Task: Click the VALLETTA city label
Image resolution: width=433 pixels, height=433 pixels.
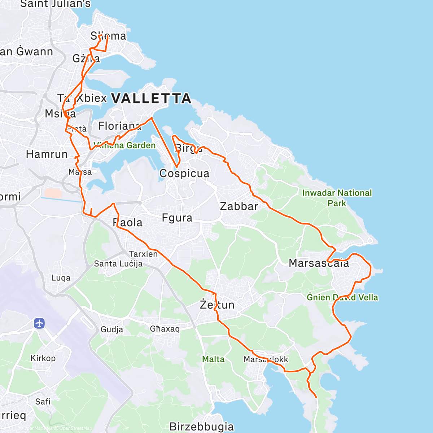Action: click(151, 98)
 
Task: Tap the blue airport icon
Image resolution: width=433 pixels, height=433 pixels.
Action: click(39, 323)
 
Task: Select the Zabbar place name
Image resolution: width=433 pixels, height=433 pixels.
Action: click(239, 206)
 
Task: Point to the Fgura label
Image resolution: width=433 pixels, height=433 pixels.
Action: click(177, 218)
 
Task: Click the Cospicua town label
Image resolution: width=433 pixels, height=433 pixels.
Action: click(184, 174)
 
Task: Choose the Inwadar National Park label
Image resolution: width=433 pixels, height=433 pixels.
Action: click(337, 198)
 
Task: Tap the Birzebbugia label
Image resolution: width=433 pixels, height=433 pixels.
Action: click(201, 427)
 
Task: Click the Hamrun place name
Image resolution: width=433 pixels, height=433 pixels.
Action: click(47, 154)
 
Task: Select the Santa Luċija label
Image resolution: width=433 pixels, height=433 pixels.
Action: click(118, 264)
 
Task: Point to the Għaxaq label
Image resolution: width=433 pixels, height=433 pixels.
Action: click(165, 329)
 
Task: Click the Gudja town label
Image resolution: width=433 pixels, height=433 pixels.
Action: click(111, 329)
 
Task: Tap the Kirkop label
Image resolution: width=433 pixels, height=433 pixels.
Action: click(43, 358)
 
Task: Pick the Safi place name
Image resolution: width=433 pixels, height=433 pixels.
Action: click(43, 402)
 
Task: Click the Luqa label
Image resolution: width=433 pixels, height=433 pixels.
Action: click(61, 278)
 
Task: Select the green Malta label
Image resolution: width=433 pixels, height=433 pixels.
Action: click(213, 359)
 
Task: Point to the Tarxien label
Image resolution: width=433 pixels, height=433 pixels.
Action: click(143, 254)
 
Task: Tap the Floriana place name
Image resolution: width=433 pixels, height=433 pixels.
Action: click(119, 126)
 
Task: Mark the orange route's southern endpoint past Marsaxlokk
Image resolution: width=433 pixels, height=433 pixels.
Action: click(316, 397)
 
